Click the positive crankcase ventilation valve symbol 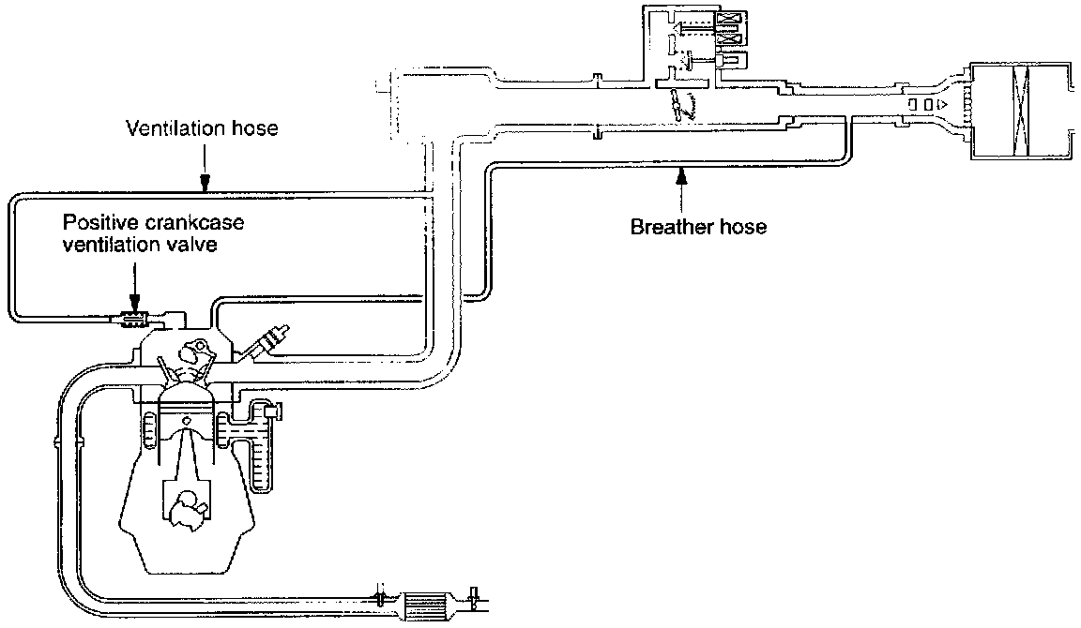pyautogui.click(x=134, y=320)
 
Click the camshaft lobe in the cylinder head pyautogui.click(x=194, y=354)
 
